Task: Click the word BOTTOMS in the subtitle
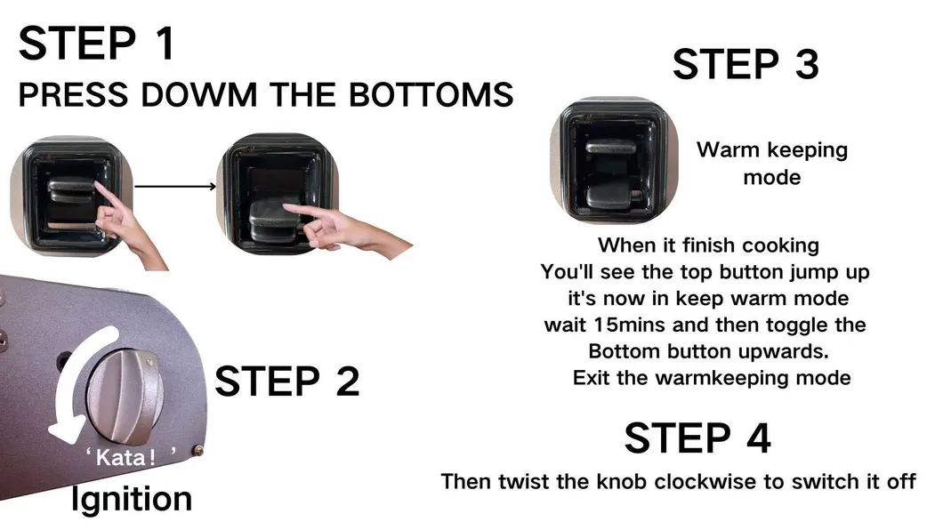tap(431, 95)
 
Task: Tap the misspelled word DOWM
tap(199, 95)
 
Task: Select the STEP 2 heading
tap(286, 381)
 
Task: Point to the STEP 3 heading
tap(746, 64)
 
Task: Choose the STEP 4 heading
tap(697, 438)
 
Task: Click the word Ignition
tap(132, 500)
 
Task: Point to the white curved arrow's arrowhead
tap(64, 430)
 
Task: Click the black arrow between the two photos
tap(175, 186)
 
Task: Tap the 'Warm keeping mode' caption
tap(772, 164)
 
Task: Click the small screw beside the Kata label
tap(197, 451)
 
